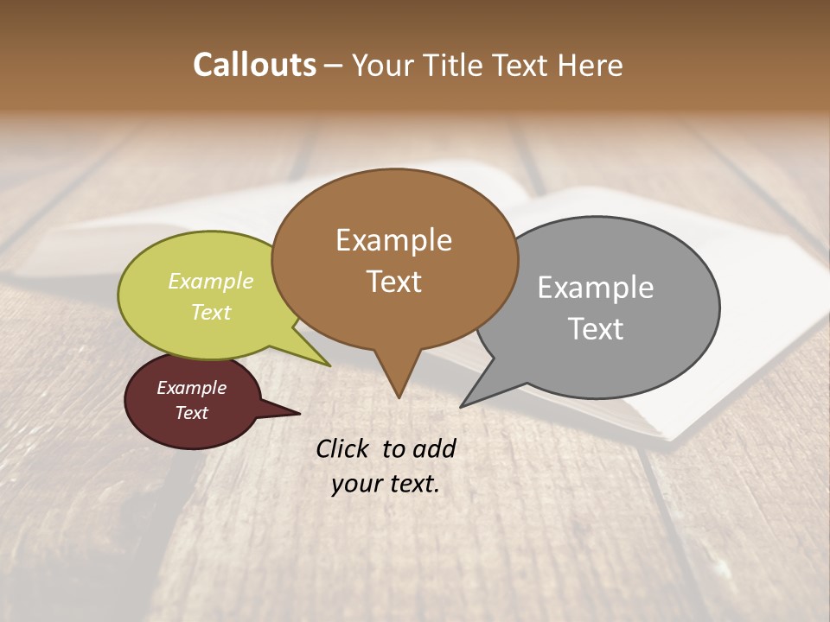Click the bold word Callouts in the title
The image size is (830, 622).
point(254,65)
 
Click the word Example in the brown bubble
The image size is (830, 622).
point(393,240)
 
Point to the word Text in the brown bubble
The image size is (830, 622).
point(393,282)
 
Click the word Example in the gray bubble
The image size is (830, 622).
point(595,288)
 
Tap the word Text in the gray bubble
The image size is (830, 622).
point(595,329)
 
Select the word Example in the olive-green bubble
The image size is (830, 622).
point(211,282)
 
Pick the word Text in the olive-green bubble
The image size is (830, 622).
point(211,312)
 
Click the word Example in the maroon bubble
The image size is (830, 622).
point(191,388)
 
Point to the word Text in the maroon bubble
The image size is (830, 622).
point(191,413)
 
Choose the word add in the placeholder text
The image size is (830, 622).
point(434,448)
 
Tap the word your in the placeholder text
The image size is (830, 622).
point(355,484)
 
